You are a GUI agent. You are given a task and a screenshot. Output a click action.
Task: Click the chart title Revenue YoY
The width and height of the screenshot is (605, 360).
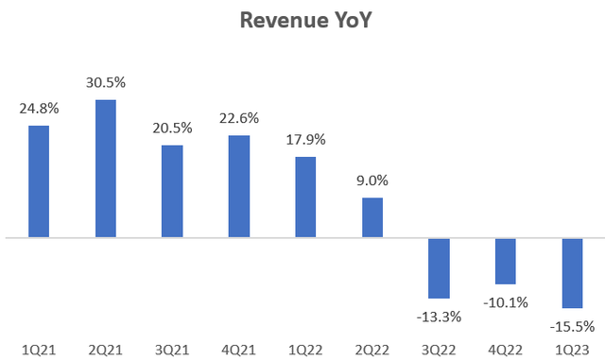(x=302, y=21)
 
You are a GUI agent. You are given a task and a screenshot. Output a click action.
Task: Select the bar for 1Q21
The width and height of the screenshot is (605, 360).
(x=39, y=180)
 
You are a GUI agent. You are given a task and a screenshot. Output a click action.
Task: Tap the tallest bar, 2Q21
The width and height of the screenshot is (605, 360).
(x=105, y=168)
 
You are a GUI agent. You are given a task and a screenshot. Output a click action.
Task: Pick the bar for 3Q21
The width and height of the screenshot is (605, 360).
(x=172, y=191)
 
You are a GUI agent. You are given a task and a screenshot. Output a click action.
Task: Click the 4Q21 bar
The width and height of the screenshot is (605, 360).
(x=239, y=186)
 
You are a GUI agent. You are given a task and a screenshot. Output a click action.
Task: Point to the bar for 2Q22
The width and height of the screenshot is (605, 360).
(x=372, y=217)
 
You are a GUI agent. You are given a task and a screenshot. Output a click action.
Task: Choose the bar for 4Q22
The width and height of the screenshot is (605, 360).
(x=506, y=261)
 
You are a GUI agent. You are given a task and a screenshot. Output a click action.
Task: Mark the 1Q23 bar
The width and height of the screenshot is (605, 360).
(x=573, y=272)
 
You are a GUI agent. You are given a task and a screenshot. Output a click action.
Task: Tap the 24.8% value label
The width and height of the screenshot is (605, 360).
(x=39, y=109)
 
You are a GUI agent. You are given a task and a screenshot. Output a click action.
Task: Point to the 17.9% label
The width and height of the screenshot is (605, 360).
(x=306, y=140)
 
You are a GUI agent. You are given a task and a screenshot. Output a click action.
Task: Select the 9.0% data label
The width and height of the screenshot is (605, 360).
(x=372, y=180)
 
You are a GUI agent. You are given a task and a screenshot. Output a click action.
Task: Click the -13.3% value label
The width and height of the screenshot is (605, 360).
(x=439, y=316)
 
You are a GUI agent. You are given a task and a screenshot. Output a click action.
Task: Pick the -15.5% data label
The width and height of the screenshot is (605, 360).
(x=572, y=326)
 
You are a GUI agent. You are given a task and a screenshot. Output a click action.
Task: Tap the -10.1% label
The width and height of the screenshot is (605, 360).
(x=506, y=302)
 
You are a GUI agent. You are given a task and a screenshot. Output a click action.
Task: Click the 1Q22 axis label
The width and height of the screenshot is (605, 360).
(x=306, y=348)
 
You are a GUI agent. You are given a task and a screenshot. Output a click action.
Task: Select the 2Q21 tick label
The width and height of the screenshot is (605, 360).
(x=106, y=348)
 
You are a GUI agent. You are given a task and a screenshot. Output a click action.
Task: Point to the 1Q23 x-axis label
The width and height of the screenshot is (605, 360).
(x=573, y=348)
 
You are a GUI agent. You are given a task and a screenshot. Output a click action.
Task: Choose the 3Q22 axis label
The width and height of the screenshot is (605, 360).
(x=440, y=348)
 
